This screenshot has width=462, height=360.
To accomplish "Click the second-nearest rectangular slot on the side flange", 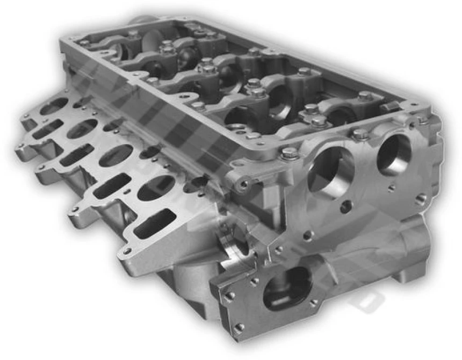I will pyautogui.click(x=112, y=186).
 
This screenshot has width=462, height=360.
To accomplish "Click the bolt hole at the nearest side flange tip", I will pyautogui.click(x=126, y=250).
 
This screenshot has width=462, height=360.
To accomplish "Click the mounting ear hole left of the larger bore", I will pyautogui.click(x=244, y=184).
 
